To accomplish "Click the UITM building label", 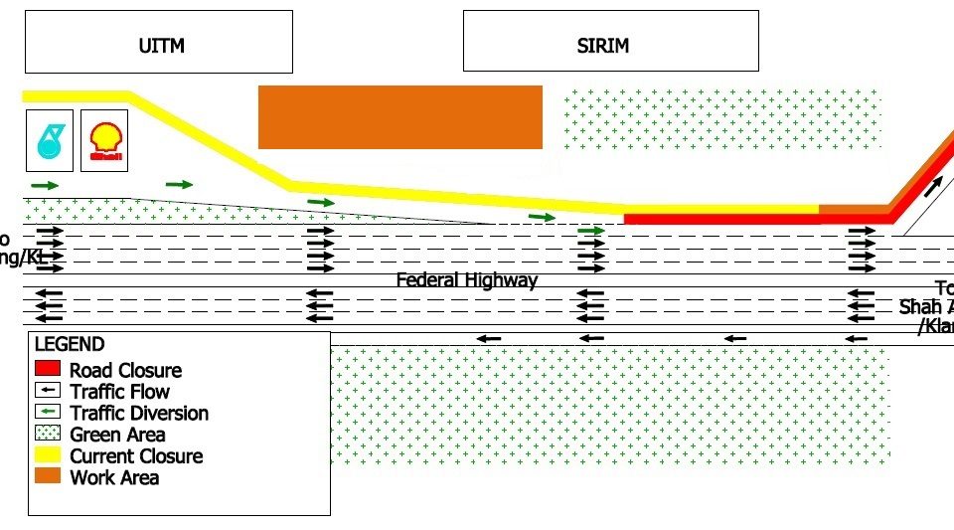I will [162, 45].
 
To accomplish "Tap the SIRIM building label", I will [603, 45].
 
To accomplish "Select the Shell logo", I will [105, 140].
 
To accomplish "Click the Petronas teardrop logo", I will [50, 140].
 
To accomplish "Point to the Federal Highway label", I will [466, 280].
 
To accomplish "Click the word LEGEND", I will [70, 345].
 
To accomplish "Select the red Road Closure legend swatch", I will [48, 369].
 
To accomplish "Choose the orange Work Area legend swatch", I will [48, 476].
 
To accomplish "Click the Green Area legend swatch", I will [48, 434].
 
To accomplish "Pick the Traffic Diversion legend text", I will [139, 413].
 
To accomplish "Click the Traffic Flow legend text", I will [120, 391].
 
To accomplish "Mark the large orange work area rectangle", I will [399, 117].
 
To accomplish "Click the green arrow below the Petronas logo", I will [46, 185].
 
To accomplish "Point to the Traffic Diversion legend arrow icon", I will [48, 412].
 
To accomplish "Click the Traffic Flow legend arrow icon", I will [48, 391].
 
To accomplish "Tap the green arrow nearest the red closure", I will [591, 231].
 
